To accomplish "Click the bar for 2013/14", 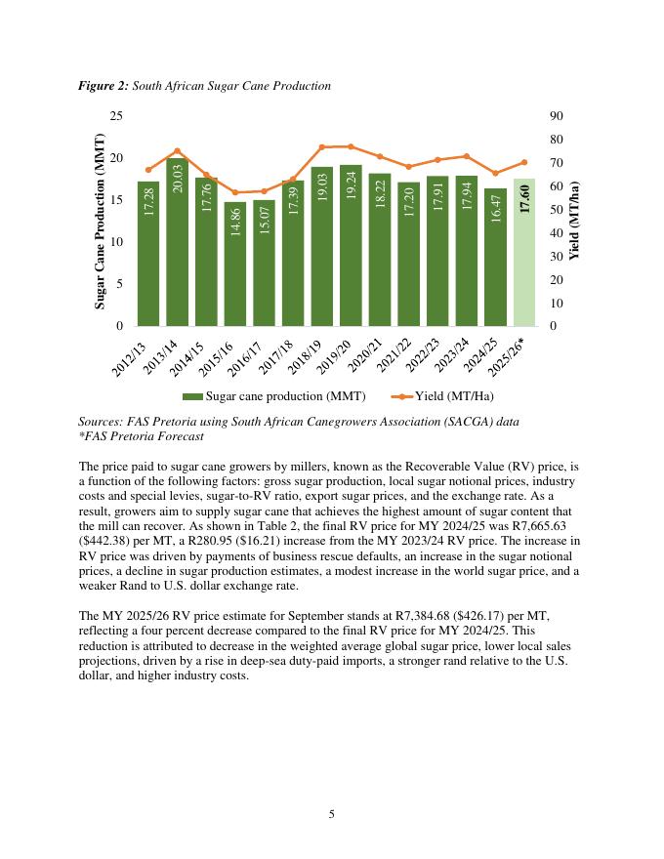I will pos(177,244).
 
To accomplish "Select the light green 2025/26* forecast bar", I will pos(524,254).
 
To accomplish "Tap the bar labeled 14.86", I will pos(235,264).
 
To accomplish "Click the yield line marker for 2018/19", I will pos(322,147).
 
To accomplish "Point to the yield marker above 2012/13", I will pos(148,170).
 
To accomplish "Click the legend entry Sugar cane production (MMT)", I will pos(273,396).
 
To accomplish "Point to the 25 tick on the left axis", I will pos(115,116).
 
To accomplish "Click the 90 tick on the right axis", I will pos(557,116).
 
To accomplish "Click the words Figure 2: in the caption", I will pos(103,86).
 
